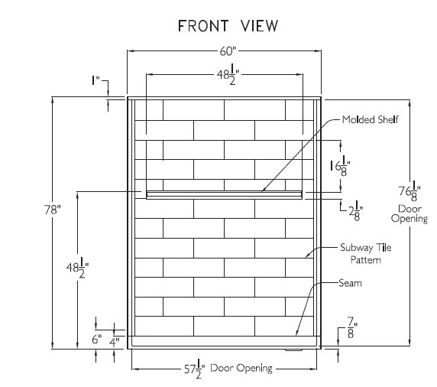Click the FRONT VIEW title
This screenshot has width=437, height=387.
(228, 26)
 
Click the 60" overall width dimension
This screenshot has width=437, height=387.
(228, 51)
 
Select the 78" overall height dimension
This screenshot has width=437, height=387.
(53, 210)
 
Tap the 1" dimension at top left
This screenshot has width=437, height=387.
(95, 80)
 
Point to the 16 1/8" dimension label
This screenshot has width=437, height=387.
(340, 166)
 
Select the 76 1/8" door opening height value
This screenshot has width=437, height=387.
(409, 191)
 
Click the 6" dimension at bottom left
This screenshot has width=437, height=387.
(97, 340)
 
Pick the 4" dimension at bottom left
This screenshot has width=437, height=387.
(115, 342)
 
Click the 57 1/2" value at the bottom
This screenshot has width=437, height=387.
(194, 369)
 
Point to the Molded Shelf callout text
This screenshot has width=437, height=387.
(371, 119)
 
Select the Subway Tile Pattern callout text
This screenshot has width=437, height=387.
(366, 253)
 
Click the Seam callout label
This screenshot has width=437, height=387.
(351, 283)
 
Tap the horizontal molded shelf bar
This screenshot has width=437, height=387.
(224, 195)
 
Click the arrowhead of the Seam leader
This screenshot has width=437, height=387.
(296, 334)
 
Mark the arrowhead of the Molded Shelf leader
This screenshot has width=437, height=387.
(262, 191)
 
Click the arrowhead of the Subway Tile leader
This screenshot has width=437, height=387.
(306, 257)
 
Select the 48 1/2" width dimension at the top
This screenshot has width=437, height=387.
(228, 74)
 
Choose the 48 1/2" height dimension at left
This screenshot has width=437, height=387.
(77, 268)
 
